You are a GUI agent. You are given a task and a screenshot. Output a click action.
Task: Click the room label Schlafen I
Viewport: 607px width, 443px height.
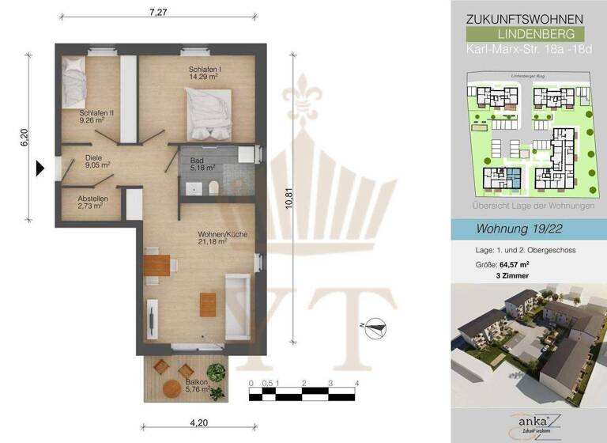[x=205, y=70]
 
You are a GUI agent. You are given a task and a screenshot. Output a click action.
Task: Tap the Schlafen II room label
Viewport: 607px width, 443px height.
[x=96, y=113]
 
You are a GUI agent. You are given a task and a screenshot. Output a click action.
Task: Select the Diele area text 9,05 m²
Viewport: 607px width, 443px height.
[x=98, y=165]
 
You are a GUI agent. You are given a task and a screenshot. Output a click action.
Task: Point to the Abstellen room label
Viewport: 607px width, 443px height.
[x=93, y=199]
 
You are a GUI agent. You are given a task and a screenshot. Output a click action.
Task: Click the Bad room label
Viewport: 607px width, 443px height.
[x=196, y=160]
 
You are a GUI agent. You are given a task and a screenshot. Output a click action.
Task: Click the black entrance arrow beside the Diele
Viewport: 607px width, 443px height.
[x=39, y=168]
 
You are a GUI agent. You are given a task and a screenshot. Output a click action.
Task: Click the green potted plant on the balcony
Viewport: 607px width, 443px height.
[x=213, y=370]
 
